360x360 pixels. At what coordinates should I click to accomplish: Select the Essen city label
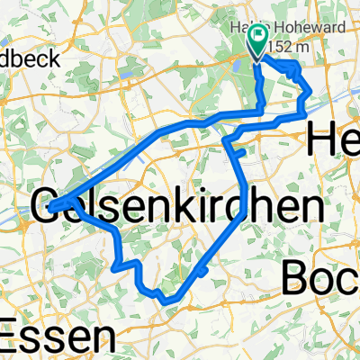click(58, 340)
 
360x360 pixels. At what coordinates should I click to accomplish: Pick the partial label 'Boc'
click(319, 277)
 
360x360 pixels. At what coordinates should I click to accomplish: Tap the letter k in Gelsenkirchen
click(205, 205)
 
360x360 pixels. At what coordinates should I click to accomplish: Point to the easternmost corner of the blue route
click(311, 93)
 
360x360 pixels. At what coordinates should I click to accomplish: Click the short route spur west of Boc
click(205, 269)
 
